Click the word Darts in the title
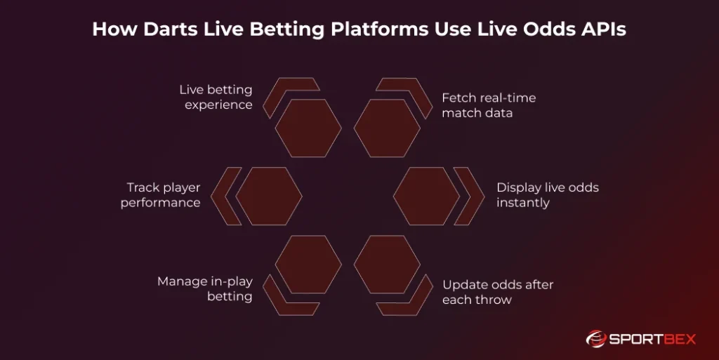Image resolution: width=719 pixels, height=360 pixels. pos(166,31)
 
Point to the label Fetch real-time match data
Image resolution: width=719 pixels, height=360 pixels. pos(488,105)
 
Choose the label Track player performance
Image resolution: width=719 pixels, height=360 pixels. pos(161,195)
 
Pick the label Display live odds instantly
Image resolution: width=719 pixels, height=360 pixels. pos(547,195)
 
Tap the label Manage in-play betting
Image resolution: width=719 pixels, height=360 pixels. pos(205,288)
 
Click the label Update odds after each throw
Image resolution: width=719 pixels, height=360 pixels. pos(497,292)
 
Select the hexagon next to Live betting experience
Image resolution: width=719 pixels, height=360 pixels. pos(308,128)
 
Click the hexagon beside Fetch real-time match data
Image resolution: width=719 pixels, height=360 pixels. pos(387,128)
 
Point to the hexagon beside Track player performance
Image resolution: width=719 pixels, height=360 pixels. pos(269,196)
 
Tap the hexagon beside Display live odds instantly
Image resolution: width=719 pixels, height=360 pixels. pos(426,196)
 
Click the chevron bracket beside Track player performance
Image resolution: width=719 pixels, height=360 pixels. pos(225,196)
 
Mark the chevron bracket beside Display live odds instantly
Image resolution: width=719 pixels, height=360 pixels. pos(469,196)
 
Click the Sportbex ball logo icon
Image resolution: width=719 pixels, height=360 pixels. pos(595,338)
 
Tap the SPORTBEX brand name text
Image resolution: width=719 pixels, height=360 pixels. pos(652,339)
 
